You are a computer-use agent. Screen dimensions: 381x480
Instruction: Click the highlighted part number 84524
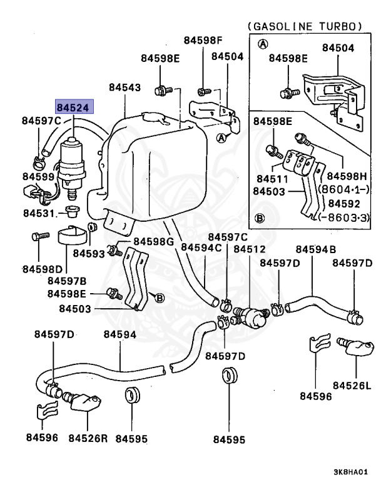point(73,107)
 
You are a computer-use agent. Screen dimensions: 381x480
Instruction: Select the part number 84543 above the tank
point(125,87)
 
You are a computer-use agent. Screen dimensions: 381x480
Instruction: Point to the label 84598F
point(203,40)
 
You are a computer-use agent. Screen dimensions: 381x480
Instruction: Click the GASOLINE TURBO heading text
point(305,26)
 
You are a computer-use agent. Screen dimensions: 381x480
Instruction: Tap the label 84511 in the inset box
point(273,179)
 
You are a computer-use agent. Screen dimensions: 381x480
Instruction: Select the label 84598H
point(347,176)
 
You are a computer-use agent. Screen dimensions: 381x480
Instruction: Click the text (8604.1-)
point(344,189)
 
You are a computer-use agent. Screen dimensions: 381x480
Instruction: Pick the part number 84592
point(344,204)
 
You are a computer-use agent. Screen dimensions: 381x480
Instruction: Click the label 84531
point(39,213)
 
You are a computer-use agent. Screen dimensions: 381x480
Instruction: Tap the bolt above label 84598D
point(41,236)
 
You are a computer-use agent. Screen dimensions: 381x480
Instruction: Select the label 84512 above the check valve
point(250,249)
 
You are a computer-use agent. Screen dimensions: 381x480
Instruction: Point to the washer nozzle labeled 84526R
point(82,401)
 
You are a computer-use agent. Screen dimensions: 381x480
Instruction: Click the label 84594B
point(316,249)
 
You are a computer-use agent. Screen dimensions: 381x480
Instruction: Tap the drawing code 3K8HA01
point(350,472)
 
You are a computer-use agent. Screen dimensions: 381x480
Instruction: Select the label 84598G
point(153,241)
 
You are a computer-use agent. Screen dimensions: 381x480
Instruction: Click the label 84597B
point(67,281)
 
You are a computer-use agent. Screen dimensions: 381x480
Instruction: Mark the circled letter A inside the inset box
point(263,44)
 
